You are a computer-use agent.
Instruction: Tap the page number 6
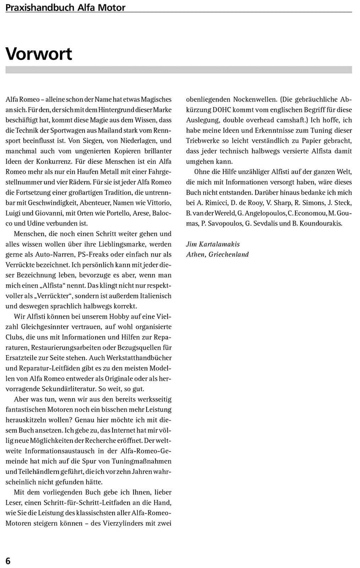point(8,560)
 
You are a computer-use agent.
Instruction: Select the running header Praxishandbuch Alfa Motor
point(65,7)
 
